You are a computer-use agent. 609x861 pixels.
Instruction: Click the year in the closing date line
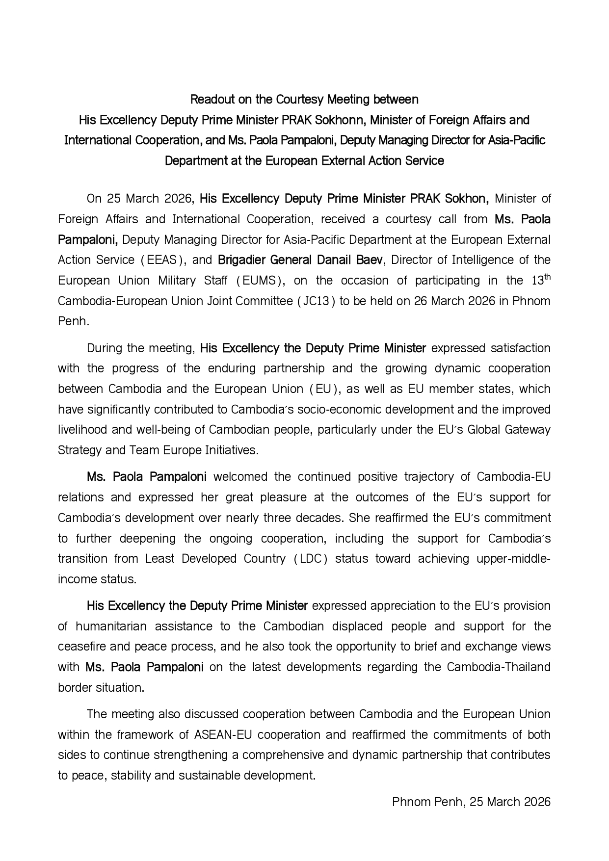(x=537, y=802)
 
